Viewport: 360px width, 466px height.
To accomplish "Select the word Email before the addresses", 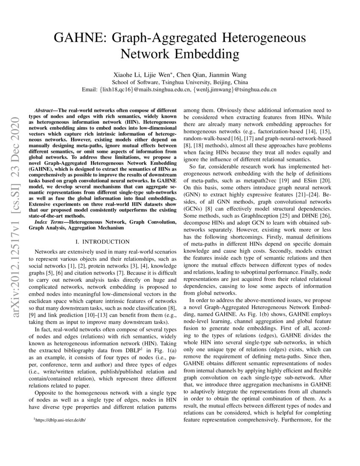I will [x=90, y=89].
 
